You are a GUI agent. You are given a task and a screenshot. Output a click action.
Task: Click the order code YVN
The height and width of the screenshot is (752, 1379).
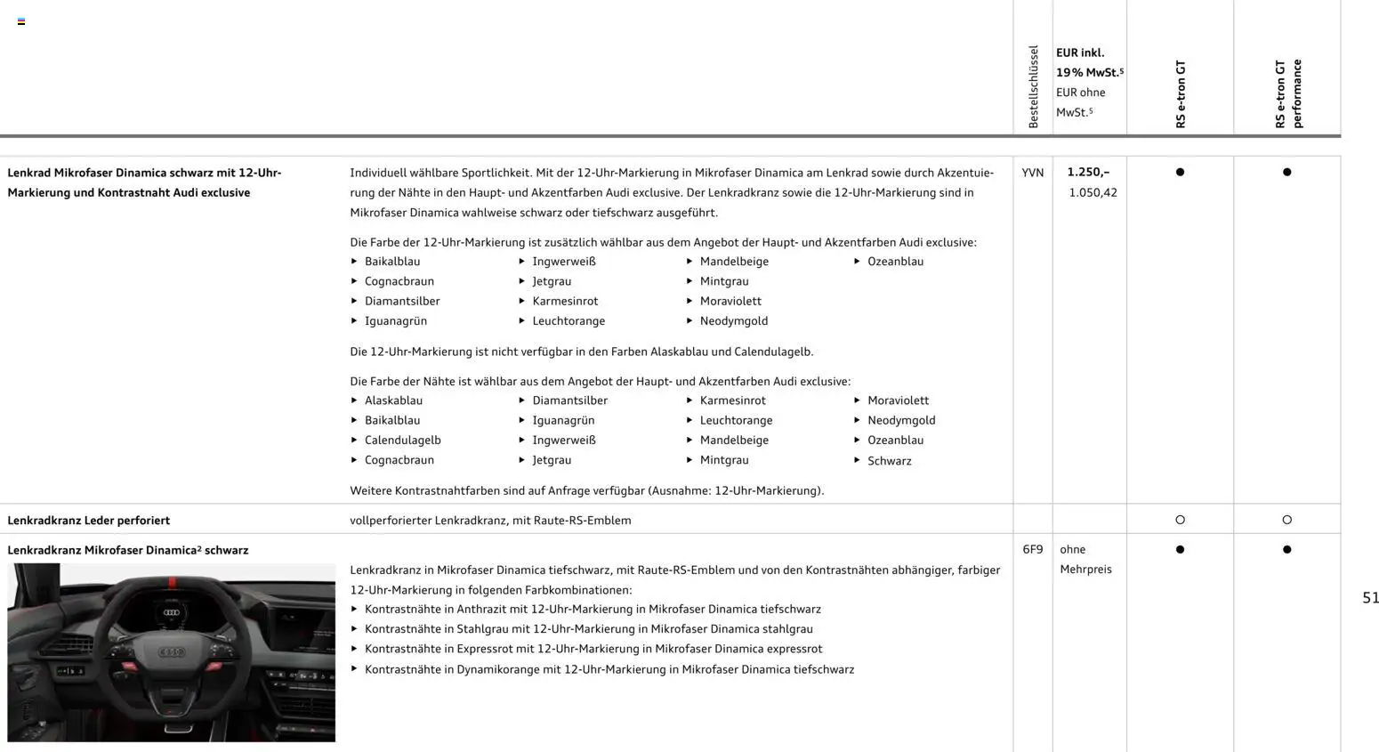1032,173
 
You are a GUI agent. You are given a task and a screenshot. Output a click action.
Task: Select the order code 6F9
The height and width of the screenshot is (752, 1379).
1032,550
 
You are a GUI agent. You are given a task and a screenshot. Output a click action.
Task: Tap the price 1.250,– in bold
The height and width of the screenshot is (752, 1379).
1088,172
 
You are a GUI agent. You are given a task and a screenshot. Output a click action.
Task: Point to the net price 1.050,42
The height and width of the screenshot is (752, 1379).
1093,192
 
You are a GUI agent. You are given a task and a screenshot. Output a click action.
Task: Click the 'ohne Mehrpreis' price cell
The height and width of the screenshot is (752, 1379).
1085,559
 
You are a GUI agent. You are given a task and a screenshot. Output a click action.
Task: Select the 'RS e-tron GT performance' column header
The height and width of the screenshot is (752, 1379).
1287,94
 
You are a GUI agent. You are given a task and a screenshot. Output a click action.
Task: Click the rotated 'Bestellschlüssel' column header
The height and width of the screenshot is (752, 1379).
1033,87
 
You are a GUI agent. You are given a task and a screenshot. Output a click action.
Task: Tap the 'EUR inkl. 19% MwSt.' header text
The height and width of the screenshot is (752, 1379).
1089,62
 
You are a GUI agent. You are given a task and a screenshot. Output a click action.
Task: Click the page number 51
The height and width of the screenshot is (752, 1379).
1370,598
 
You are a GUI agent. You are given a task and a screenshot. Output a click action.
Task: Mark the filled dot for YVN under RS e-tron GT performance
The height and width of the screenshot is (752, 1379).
1286,172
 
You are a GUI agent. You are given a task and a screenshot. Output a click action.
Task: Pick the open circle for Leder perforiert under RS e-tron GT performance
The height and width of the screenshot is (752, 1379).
1286,520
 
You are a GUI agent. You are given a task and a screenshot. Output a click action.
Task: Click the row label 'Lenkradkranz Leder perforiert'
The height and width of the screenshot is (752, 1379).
89,521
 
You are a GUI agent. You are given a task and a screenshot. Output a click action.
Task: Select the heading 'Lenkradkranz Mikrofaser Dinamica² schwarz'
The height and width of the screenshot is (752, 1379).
128,550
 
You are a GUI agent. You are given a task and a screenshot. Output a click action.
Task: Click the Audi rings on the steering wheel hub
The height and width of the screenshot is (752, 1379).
172,652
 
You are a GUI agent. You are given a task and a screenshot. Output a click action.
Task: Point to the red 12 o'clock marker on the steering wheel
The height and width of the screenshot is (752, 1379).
172,584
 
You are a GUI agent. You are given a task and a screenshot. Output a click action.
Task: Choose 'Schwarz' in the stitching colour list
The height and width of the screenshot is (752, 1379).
889,461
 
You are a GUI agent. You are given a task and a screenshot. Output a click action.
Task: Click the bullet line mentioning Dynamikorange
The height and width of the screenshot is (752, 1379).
609,669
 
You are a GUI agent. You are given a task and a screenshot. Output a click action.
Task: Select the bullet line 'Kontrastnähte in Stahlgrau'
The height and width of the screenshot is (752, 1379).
588,629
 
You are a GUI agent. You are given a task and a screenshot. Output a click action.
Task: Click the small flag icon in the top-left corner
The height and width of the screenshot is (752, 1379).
21,21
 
